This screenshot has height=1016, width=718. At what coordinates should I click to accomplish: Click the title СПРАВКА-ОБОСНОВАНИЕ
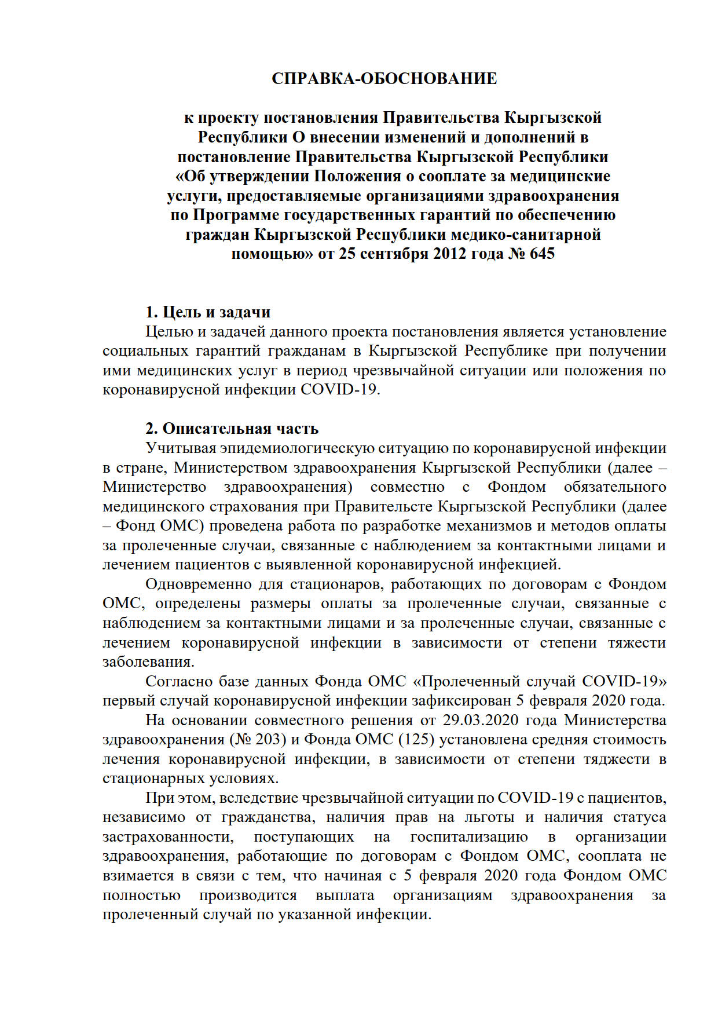(x=384, y=79)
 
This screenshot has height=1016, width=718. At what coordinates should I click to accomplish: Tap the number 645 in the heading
(x=541, y=254)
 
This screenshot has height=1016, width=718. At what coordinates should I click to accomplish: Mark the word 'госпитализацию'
(x=469, y=837)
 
